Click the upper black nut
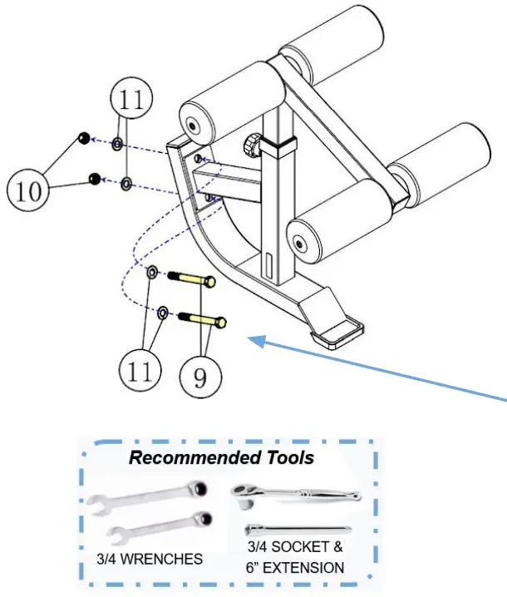pos(84,138)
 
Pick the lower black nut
pos(95,179)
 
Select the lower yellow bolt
pos(203,318)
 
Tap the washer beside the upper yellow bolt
pos(153,273)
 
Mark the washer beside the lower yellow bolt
pos(163,312)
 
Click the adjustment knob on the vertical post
pos(250,148)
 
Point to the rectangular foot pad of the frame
pos(337,333)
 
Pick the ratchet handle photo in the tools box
pos(297,495)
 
